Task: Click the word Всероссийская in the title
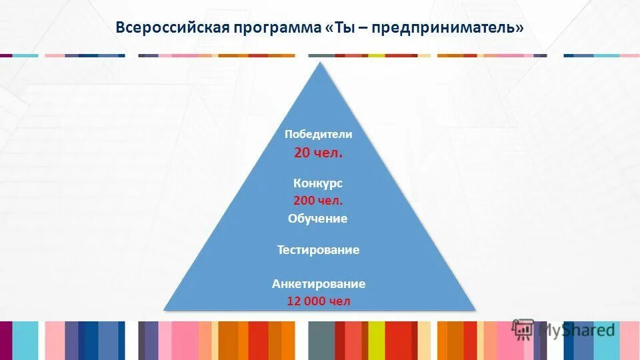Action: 172,28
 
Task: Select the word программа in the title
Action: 278,28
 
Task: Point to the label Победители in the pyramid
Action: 318,134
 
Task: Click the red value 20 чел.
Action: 319,153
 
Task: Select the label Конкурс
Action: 318,183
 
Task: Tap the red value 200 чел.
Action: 318,200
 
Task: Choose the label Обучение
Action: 318,219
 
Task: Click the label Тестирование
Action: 318,250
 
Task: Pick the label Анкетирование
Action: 318,284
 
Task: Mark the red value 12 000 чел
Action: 318,301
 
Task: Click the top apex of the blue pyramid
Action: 320,63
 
